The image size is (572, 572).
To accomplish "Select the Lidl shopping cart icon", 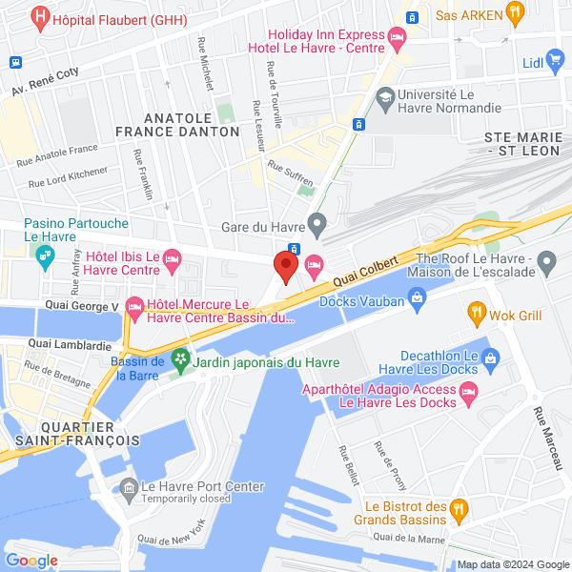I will tap(558, 63).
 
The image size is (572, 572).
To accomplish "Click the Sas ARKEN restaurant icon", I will tap(515, 13).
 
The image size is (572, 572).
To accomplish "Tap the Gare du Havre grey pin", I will tap(318, 226).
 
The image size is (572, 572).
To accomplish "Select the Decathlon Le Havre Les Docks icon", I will tap(491, 359).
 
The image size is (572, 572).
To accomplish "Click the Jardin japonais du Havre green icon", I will tap(179, 360).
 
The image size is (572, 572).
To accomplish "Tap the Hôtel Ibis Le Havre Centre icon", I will tap(172, 257).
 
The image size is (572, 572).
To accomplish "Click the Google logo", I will tap(31, 561).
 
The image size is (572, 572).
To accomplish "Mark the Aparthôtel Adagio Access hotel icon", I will tap(468, 392).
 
